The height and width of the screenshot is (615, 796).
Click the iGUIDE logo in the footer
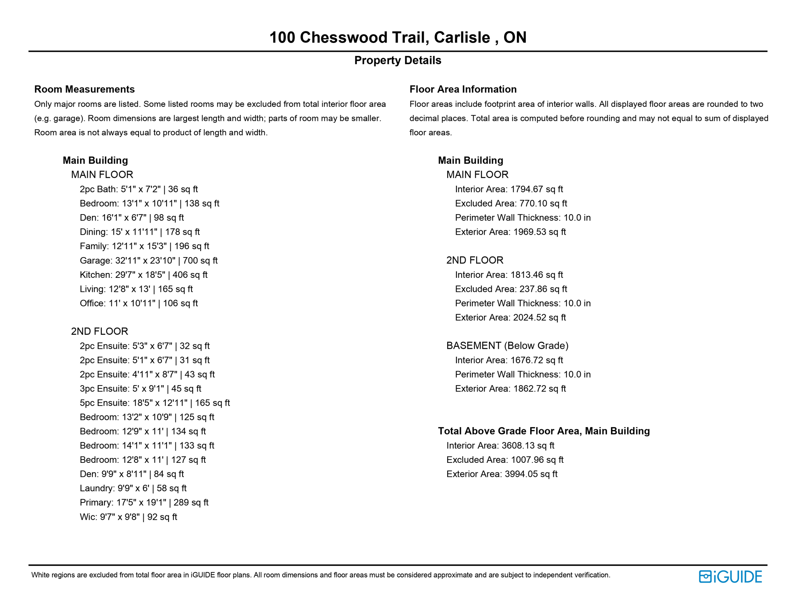730,577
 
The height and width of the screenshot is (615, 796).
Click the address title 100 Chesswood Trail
398,37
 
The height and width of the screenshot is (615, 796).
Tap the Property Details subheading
398,60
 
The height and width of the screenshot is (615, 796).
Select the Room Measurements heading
84,89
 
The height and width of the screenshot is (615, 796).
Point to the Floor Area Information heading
463,89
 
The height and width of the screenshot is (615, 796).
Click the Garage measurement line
149,261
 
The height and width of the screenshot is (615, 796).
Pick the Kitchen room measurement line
143,275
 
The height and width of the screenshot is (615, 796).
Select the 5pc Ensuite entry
155,403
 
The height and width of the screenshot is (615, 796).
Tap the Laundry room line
133,488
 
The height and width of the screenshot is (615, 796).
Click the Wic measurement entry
128,517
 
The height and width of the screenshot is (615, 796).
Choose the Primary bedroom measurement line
144,503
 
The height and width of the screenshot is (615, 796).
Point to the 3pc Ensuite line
140,389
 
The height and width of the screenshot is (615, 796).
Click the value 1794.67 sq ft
537,189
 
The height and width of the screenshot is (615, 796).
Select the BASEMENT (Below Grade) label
507,346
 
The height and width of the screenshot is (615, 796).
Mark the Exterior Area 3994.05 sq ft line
502,474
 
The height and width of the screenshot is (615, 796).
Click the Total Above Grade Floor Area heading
544,431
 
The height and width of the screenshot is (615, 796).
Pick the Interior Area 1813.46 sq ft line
509,275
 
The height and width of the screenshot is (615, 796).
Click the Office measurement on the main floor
139,303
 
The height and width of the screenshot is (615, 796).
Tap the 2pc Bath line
139,189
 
